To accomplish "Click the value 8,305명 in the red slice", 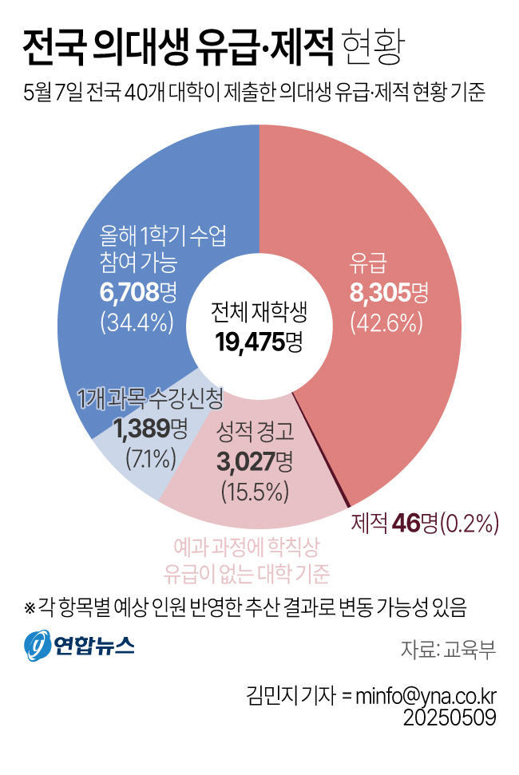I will tap(389, 294).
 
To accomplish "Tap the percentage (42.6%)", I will tap(386, 322).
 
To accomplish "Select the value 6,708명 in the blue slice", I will tap(138, 293).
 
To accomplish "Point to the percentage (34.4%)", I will tap(137, 322).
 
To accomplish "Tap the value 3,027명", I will tap(255, 462).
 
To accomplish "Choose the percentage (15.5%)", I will tap(255, 492).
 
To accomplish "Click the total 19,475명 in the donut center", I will tap(259, 341).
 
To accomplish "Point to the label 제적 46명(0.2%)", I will tap(424, 523).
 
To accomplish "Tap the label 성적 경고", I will tap(255, 433).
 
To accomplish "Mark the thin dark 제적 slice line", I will tap(321, 449).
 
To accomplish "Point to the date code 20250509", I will tap(450, 718).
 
